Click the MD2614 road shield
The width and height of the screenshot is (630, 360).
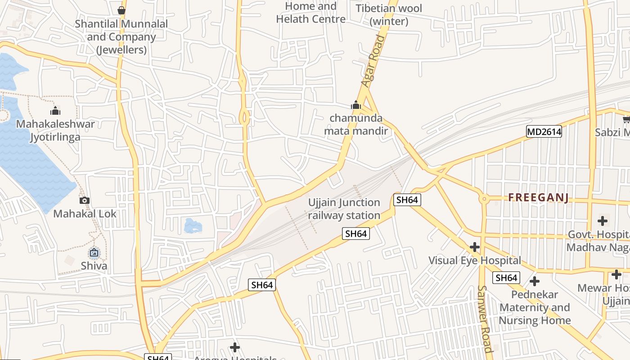click(544, 131)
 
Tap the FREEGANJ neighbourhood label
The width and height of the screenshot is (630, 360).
click(539, 198)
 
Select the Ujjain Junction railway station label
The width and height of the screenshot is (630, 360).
click(344, 209)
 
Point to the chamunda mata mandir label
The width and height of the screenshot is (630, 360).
click(356, 125)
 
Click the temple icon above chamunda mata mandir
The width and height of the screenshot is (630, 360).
click(356, 105)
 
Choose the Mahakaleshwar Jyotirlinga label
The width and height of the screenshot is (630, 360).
click(55, 130)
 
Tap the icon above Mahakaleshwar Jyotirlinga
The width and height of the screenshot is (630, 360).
click(55, 110)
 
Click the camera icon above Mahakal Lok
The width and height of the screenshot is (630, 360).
click(84, 200)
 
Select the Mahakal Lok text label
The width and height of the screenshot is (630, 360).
click(85, 214)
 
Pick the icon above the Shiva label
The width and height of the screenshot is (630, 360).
click(94, 252)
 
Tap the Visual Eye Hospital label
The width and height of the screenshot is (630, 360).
click(474, 260)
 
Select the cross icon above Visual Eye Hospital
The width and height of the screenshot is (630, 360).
click(474, 247)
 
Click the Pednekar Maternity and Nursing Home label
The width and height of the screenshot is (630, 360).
click(535, 308)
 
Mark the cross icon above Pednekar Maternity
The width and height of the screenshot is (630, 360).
click(535, 282)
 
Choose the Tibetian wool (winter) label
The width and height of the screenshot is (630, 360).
click(389, 15)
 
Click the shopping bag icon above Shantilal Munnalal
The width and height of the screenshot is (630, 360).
click(121, 10)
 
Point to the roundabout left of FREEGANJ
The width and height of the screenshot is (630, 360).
click(484, 198)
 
